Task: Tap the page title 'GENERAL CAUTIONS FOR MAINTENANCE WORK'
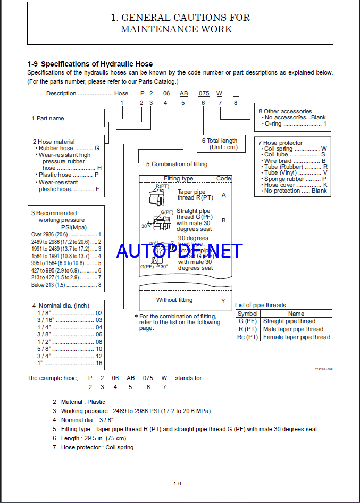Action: pos(180,23)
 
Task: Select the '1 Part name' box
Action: pos(65,118)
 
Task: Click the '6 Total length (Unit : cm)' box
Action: pos(219,144)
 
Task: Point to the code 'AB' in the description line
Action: pos(184,93)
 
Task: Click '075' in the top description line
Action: pos(204,93)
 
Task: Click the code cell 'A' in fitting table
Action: pos(223,195)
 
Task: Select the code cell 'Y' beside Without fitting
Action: pos(223,300)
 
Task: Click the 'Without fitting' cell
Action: pos(174,300)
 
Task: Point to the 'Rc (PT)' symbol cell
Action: pos(248,337)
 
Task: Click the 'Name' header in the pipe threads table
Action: pos(296,314)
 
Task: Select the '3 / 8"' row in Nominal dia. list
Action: pos(66,335)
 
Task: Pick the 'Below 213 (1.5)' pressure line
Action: pos(66,285)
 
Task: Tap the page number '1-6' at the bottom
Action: pos(178,483)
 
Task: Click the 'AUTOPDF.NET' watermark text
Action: pos(180,250)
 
